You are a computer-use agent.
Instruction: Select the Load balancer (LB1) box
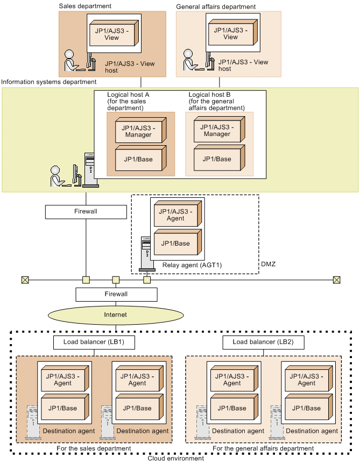coord(94,342)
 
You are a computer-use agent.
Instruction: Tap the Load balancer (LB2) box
coord(263,342)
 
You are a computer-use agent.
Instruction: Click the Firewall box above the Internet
coord(116,294)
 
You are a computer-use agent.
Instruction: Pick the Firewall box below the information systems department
coord(86,211)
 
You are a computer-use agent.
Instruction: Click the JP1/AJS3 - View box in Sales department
coord(113,33)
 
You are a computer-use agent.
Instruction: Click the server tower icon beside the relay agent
coord(145,253)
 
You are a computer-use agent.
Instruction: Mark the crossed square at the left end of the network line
coord(24,280)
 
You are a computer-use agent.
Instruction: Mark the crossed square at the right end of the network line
coord(336,280)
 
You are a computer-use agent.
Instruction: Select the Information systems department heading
coord(49,82)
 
